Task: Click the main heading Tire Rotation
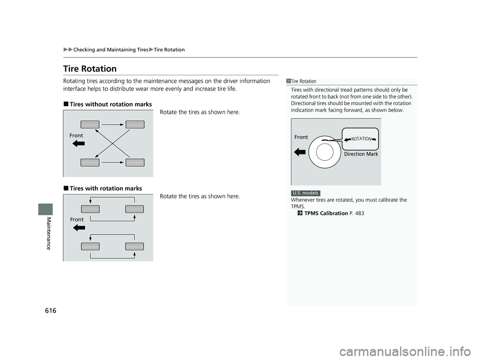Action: (x=90, y=69)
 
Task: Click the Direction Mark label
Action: (x=361, y=154)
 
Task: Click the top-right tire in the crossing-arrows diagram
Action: (x=135, y=125)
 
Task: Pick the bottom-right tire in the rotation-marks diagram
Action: (x=135, y=245)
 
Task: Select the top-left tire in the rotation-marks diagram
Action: (x=90, y=209)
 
